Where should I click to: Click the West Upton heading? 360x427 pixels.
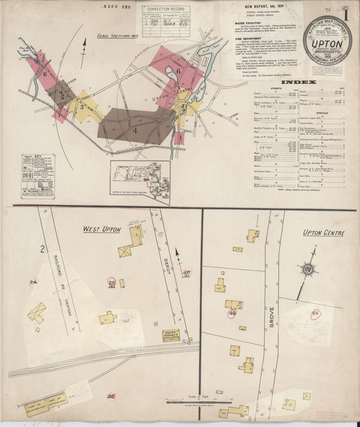point(101,229)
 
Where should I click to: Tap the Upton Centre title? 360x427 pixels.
point(324,233)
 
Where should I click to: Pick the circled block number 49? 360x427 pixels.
point(232,313)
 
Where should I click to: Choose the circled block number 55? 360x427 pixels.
point(315,313)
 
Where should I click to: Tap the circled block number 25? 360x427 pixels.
point(112,283)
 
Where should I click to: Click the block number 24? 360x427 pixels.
point(32,282)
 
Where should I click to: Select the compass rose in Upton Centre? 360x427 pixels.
point(308,269)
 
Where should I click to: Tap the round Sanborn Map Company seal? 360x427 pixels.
point(326,40)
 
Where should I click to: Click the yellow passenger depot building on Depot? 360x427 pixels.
point(171,335)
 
